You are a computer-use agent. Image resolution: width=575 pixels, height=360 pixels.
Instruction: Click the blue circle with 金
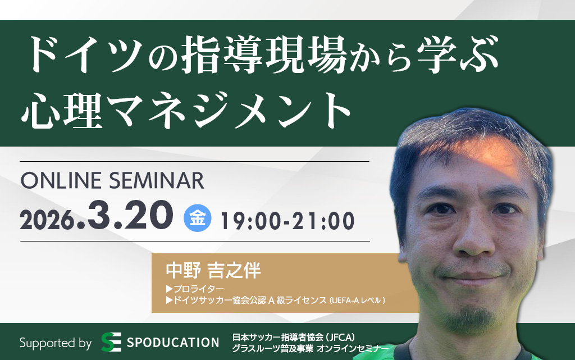click(x=197, y=218)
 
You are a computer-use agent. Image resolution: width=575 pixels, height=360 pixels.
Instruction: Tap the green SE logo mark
click(x=111, y=342)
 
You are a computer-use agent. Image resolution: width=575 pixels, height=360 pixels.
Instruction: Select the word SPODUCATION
click(x=173, y=343)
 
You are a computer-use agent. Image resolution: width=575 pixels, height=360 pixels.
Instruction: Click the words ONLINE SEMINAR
click(x=112, y=180)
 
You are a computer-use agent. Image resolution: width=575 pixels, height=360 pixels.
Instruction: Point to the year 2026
click(x=47, y=221)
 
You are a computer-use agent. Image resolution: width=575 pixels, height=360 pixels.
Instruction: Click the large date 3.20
click(x=130, y=215)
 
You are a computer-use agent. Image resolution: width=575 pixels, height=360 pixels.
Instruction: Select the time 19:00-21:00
click(x=287, y=221)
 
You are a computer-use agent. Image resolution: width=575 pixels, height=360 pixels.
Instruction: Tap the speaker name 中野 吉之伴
click(x=213, y=271)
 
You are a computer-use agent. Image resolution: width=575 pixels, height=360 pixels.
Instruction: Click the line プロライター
click(x=195, y=289)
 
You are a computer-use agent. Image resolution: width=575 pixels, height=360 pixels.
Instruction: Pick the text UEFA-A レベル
click(x=357, y=300)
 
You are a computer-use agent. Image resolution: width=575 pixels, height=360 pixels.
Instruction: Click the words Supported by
click(x=56, y=343)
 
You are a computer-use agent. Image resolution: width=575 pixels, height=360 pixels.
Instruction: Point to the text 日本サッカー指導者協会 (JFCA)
click(x=293, y=337)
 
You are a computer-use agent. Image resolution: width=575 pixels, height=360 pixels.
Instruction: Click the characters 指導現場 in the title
click(x=264, y=54)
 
